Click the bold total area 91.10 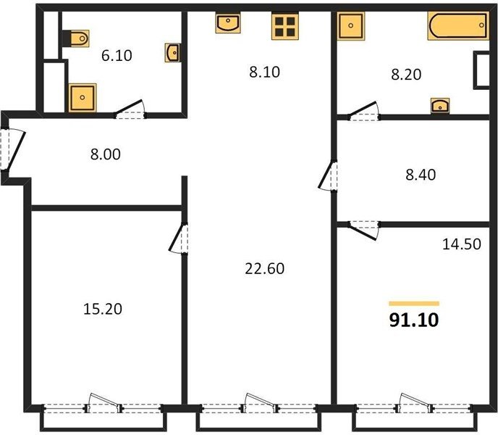point(414,320)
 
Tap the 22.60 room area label point(265,268)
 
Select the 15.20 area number point(103,309)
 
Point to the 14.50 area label point(462,244)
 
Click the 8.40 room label point(421,175)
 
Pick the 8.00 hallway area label point(106,154)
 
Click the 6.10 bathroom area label point(117,55)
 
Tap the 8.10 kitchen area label point(264,72)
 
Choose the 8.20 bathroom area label point(406,75)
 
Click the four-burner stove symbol point(285,26)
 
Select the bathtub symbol point(458,25)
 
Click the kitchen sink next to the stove point(228,22)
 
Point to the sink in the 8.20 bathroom point(440,106)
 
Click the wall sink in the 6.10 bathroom point(173,52)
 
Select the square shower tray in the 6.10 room point(83,98)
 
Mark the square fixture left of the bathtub point(351,26)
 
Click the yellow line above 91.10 point(414,304)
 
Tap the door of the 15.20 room point(177,238)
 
